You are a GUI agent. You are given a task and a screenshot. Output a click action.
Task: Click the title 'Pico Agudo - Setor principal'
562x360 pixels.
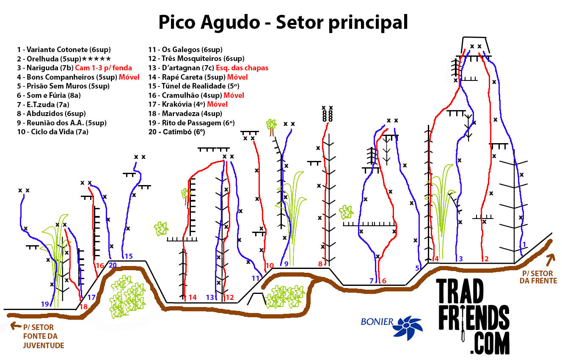click(283, 22)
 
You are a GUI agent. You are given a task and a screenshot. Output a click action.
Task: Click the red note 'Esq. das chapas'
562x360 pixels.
click(242, 68)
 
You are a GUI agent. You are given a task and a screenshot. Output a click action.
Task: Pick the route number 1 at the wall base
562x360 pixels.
click(524, 244)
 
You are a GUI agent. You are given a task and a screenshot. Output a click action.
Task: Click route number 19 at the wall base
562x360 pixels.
click(45, 304)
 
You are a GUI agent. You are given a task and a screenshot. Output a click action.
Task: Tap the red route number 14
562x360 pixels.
click(193, 297)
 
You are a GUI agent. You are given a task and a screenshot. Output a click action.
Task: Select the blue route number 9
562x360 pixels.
click(287, 264)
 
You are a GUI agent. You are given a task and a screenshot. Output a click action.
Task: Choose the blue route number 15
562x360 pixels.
click(128, 256)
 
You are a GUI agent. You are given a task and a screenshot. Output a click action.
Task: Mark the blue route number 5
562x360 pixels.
click(417, 268)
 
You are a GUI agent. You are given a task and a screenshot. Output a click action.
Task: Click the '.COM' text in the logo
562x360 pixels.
click(490, 343)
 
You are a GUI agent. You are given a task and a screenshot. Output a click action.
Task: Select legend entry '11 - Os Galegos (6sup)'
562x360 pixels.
click(185, 50)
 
